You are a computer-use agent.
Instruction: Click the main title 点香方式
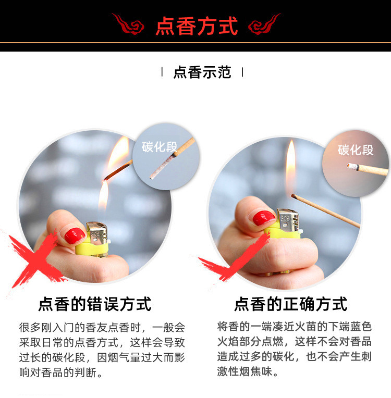197,25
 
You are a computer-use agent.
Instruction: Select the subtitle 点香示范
202,72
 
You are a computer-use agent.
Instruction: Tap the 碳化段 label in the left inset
160,146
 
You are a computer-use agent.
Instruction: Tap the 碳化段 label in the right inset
356,150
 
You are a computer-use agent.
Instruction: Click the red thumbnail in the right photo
264,218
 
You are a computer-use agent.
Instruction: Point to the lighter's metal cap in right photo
286,219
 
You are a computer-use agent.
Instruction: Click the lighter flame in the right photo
290,167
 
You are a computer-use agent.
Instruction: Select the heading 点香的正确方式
290,303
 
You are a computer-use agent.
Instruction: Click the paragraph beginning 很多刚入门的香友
102,351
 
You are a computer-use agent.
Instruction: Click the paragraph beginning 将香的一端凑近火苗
295,350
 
